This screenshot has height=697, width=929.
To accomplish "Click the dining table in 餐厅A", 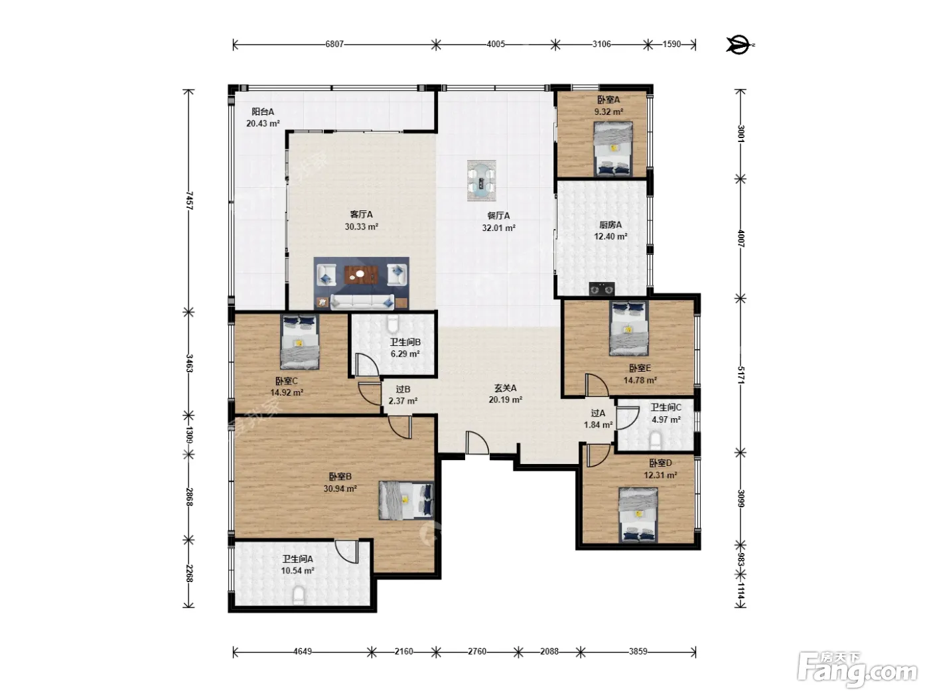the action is coord(481,181).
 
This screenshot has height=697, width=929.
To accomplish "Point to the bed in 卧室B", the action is coord(406,501).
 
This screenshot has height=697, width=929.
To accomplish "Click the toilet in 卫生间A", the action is coord(299,595).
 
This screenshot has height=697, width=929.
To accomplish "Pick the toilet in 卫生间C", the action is coord(655,441).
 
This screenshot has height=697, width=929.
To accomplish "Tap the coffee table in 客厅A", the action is coord(360,275).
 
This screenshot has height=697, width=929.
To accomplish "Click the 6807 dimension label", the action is coord(334,44).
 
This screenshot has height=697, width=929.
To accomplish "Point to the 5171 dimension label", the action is coord(741,375).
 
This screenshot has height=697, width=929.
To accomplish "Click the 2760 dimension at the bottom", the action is coord(477,651).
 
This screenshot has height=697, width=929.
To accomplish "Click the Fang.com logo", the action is coord(857,670).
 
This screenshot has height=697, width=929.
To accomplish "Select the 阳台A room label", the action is coord(263,112).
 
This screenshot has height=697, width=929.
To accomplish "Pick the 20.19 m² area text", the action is coord(506,400).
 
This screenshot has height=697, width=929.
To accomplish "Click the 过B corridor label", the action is coord(403,389).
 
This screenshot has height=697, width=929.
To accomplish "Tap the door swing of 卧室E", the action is coord(597,385).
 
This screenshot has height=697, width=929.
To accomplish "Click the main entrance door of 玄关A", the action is coord(477,443).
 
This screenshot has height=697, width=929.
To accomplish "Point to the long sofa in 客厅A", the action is coord(362,301).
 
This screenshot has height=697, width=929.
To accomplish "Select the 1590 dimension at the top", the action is coord(672,44).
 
